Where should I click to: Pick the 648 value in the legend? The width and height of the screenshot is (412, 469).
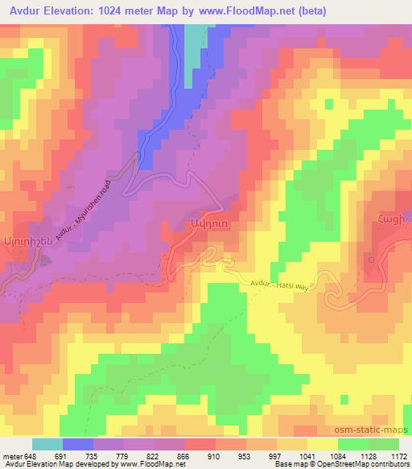click(x=31, y=455)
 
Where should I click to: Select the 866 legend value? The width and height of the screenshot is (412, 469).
click(x=171, y=455)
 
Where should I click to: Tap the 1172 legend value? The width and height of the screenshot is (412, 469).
click(x=387, y=455)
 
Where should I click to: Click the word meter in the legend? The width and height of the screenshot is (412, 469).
click(x=12, y=455)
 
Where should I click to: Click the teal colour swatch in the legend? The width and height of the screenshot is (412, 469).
click(x=47, y=444)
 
